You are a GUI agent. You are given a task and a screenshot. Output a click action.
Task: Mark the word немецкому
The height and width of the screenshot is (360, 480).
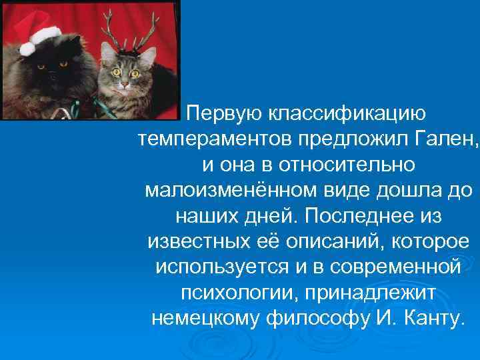click(x=206, y=318)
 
